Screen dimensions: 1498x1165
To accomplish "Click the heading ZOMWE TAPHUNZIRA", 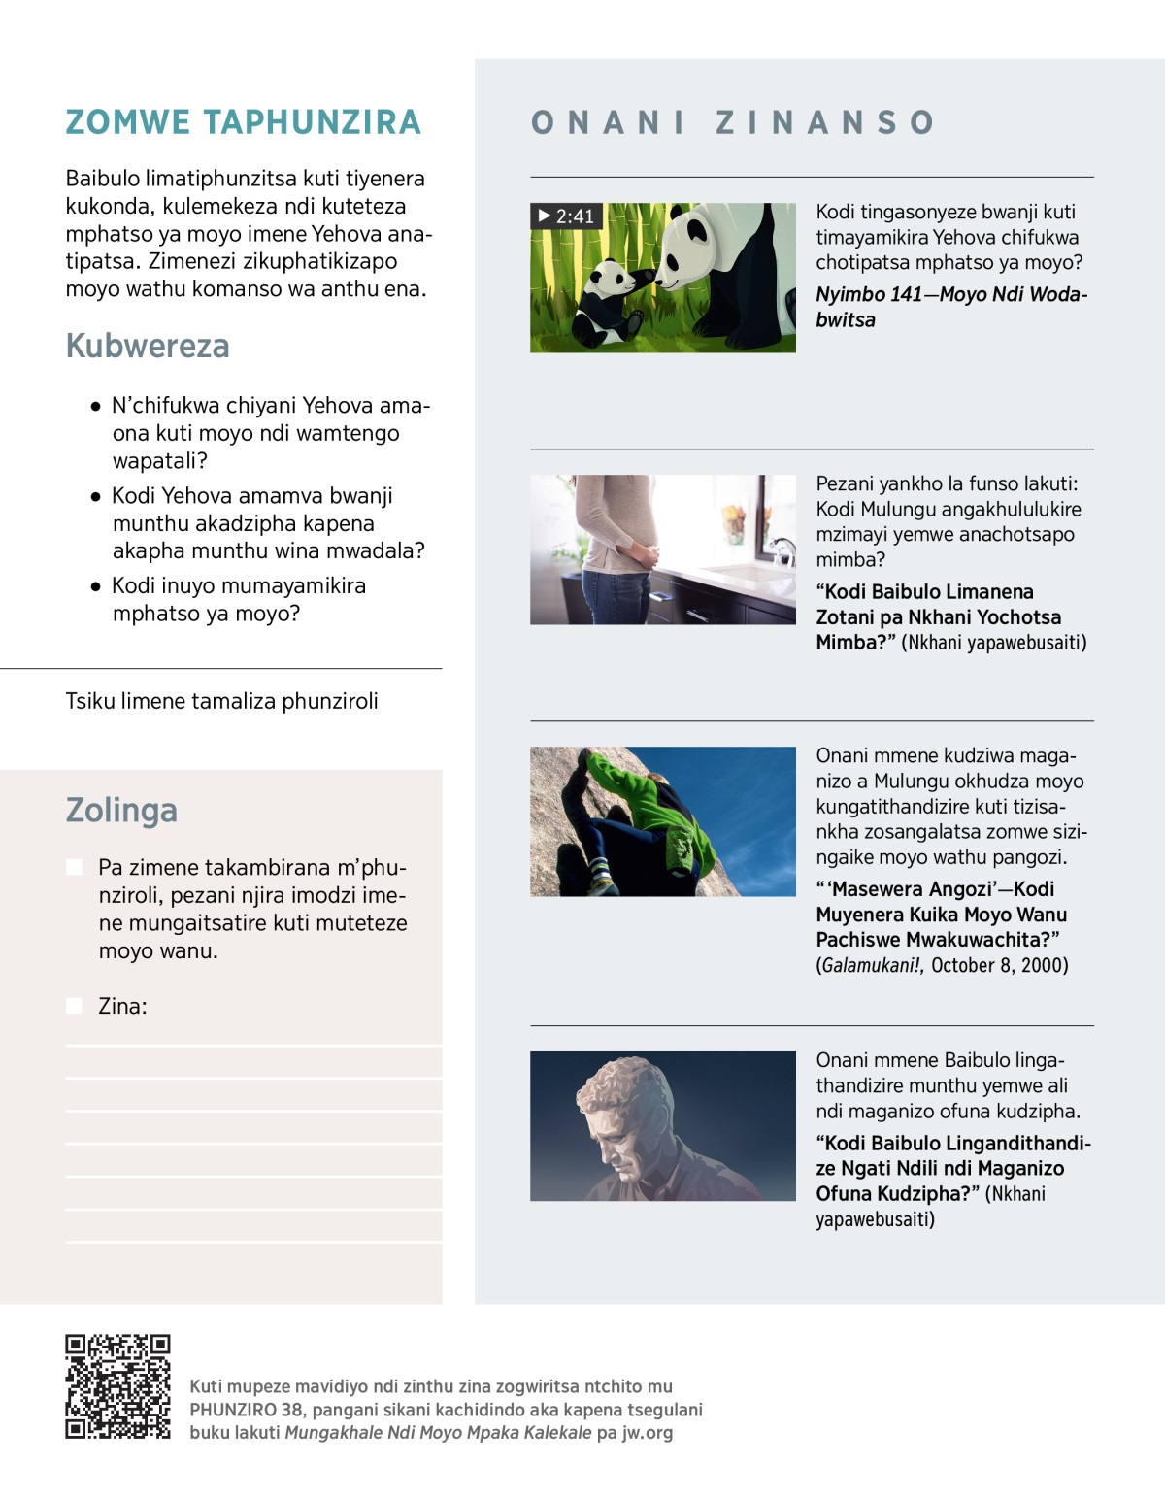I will pos(243,122).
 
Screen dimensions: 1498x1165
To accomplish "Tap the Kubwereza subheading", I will pos(148,346).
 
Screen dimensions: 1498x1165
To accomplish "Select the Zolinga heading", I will pos(121,810).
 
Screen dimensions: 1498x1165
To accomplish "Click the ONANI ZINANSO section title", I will pos(733,122).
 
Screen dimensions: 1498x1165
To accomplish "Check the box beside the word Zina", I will pos(75,1006).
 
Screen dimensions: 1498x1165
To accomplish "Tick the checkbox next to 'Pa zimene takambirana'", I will pos(75,867).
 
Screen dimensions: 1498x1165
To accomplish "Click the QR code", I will pos(117,1386).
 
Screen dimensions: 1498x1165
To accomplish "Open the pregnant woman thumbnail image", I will pos(662,549).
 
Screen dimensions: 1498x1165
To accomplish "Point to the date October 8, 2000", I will pos(999,966).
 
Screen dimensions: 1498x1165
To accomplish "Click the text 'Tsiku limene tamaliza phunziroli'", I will pos(221,701).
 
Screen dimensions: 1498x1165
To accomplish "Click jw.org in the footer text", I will pos(647,1433).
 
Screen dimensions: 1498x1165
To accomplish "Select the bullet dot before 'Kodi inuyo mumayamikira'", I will pos(95,586).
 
